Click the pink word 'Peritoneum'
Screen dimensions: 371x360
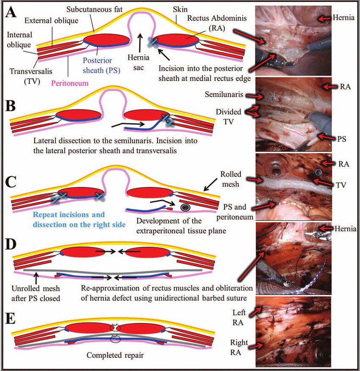70,83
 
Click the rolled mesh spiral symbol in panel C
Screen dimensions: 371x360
185,207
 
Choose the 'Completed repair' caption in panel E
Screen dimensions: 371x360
115,355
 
